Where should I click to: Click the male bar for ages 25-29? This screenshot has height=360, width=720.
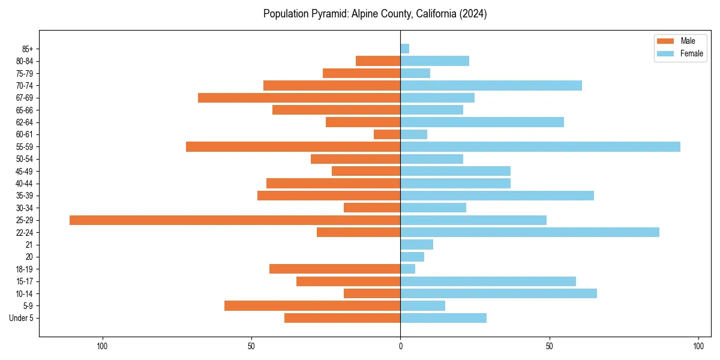[x=235, y=220]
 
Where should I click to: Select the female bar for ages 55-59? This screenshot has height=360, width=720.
[x=540, y=146]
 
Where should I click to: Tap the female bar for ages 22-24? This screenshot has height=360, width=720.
[x=530, y=232]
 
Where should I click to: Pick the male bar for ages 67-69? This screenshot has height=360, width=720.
[x=299, y=98]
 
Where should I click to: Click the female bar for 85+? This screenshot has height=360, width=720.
[x=405, y=49]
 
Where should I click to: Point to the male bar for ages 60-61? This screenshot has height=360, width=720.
[x=387, y=134]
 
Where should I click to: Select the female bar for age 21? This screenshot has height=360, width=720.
[x=416, y=244]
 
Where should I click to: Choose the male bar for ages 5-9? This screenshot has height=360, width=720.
[x=312, y=306]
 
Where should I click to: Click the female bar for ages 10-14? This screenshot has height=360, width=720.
[x=499, y=293]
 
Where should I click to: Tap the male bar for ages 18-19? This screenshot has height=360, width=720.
[x=335, y=269]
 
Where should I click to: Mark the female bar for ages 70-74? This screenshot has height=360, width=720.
[x=491, y=85]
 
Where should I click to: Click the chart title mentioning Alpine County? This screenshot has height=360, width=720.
[x=375, y=14]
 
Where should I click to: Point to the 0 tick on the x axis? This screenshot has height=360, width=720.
[x=400, y=346]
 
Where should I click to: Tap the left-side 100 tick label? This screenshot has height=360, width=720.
[x=102, y=346]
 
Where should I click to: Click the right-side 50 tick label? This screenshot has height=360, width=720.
[x=549, y=346]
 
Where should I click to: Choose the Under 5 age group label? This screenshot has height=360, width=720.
[x=21, y=318]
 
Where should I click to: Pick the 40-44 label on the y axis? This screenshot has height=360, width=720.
[x=25, y=184]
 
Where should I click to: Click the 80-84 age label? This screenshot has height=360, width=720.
[x=25, y=61]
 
